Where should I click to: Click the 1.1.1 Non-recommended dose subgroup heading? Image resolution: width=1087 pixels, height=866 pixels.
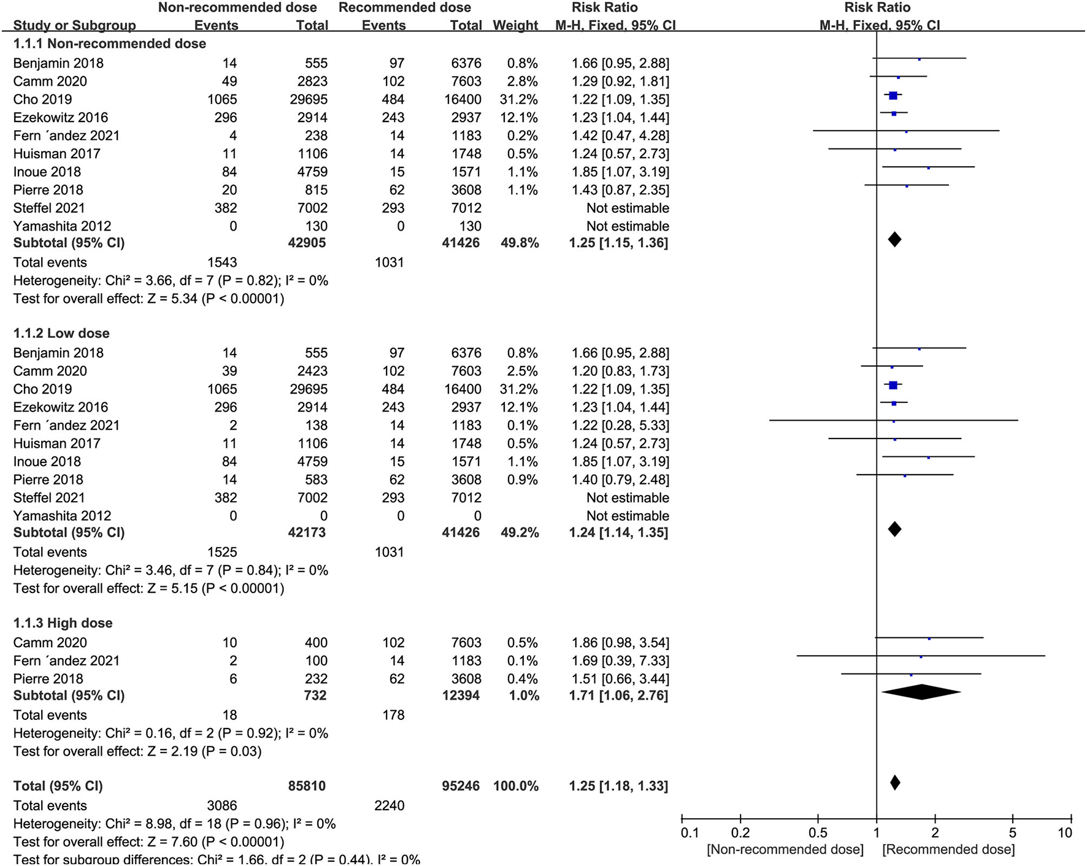pos(110,44)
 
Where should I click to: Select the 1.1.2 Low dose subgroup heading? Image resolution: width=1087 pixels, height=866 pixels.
pos(61,333)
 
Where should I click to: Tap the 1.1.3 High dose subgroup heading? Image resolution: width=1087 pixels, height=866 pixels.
pos(63,623)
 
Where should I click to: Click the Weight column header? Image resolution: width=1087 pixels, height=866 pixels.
pos(515,25)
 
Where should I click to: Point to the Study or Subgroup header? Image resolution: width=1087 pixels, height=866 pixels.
pos(74,25)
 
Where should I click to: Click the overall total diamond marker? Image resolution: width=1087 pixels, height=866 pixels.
pos(894,783)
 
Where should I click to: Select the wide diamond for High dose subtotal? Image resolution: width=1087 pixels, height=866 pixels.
pos(921,692)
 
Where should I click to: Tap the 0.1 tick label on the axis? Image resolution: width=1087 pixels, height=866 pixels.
pos(689,833)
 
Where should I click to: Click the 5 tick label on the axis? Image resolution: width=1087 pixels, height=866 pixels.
pos(1013,833)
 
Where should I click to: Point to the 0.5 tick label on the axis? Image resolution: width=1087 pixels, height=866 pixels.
pos(818,833)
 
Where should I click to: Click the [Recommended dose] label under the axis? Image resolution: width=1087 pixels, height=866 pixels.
pos(948,849)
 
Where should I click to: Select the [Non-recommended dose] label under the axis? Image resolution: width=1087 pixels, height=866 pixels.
pos(785,849)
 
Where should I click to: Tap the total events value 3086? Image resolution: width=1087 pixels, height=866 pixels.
pos(222,805)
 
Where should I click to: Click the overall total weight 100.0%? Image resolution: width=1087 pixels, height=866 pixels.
pos(515,786)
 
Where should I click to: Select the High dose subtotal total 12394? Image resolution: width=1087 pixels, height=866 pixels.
pos(461,695)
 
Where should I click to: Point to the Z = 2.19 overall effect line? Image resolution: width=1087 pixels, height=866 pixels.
pos(137,751)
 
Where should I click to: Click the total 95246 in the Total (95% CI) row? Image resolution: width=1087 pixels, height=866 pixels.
pos(461,786)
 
